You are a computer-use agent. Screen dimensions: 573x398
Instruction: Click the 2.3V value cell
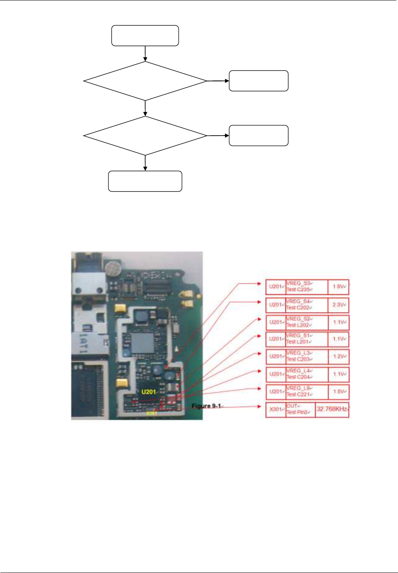click(338, 305)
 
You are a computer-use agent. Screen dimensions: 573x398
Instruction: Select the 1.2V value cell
click(338, 356)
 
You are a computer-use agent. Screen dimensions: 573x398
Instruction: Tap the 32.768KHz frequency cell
click(332, 409)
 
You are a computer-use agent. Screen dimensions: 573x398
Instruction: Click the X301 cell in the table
click(276, 410)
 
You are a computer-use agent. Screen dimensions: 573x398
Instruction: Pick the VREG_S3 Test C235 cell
click(306, 287)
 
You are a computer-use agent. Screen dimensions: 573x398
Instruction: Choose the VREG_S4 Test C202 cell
click(306, 305)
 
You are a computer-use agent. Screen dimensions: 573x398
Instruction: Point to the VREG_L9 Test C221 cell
click(306, 391)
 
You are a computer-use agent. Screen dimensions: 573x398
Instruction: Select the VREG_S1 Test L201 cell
click(306, 339)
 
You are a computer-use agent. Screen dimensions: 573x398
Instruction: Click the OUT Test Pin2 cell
click(300, 409)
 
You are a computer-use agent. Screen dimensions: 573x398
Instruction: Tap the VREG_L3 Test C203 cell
click(306, 356)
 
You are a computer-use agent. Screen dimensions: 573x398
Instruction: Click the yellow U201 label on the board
click(149, 392)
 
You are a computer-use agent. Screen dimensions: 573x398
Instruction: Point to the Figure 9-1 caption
click(207, 406)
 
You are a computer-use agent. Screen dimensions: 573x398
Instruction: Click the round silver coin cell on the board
click(113, 269)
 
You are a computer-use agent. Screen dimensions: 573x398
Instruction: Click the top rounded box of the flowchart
click(145, 36)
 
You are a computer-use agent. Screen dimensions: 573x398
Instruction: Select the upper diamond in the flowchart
click(145, 81)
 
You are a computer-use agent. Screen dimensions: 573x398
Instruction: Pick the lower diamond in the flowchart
click(145, 136)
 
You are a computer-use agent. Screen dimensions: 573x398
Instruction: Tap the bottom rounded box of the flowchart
click(145, 181)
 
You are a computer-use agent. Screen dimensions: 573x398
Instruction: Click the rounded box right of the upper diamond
click(258, 81)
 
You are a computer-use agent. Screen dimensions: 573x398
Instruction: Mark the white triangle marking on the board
click(176, 349)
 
